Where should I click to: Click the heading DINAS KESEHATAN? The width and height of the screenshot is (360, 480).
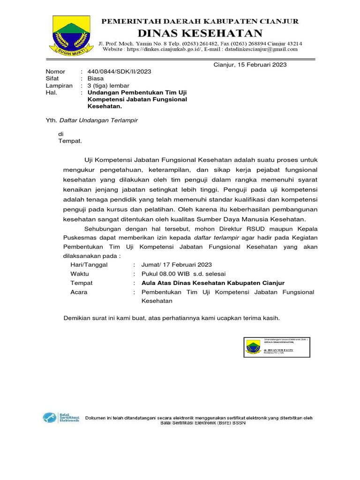coord(200,32)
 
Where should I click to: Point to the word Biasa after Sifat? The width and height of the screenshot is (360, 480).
coord(96,79)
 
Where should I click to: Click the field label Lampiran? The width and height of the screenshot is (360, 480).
coord(59,86)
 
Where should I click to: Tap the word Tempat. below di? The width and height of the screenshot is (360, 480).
coord(70,141)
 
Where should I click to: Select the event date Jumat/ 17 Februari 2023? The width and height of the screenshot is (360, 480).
coord(173,264)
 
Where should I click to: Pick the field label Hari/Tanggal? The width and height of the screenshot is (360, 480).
coord(89,264)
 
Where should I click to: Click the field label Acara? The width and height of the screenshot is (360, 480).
coord(79,292)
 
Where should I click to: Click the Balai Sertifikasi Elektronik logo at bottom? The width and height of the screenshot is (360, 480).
coord(61,417)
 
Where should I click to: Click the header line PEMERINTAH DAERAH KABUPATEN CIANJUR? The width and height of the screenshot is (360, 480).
coord(200,22)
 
